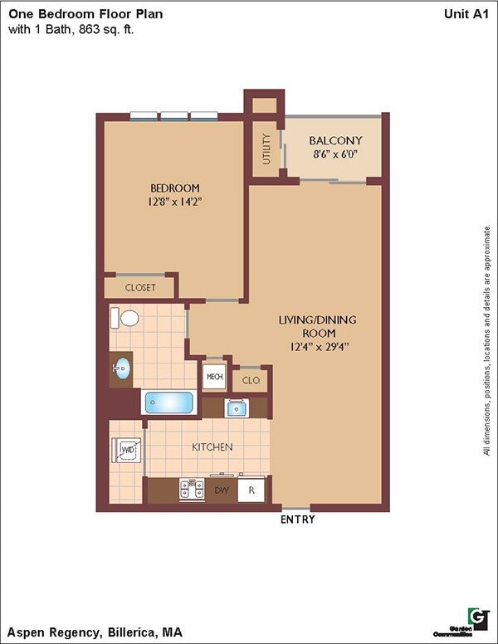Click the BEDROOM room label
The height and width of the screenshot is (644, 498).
[x=174, y=188]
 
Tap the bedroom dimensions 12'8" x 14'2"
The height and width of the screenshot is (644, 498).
[x=174, y=201]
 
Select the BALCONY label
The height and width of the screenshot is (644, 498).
[x=335, y=140]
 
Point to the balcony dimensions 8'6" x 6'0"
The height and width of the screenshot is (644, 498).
[x=335, y=154]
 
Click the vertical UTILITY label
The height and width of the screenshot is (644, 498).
[x=266, y=149]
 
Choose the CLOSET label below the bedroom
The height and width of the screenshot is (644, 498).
[x=140, y=288]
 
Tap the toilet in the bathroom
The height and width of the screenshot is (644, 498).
[x=127, y=318]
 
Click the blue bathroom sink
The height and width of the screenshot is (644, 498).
[x=121, y=368]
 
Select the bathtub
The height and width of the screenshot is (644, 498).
[x=169, y=403]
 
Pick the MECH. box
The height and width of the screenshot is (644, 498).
[x=214, y=376]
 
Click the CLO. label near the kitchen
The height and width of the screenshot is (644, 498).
[x=251, y=380]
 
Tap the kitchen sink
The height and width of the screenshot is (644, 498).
[x=235, y=407]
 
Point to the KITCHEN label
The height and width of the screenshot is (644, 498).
[x=212, y=447]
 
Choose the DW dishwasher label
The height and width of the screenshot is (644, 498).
[x=222, y=490]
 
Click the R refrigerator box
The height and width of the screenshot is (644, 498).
[x=251, y=490]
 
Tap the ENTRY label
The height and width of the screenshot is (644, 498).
[x=298, y=520]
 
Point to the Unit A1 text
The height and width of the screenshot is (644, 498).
[x=467, y=13]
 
